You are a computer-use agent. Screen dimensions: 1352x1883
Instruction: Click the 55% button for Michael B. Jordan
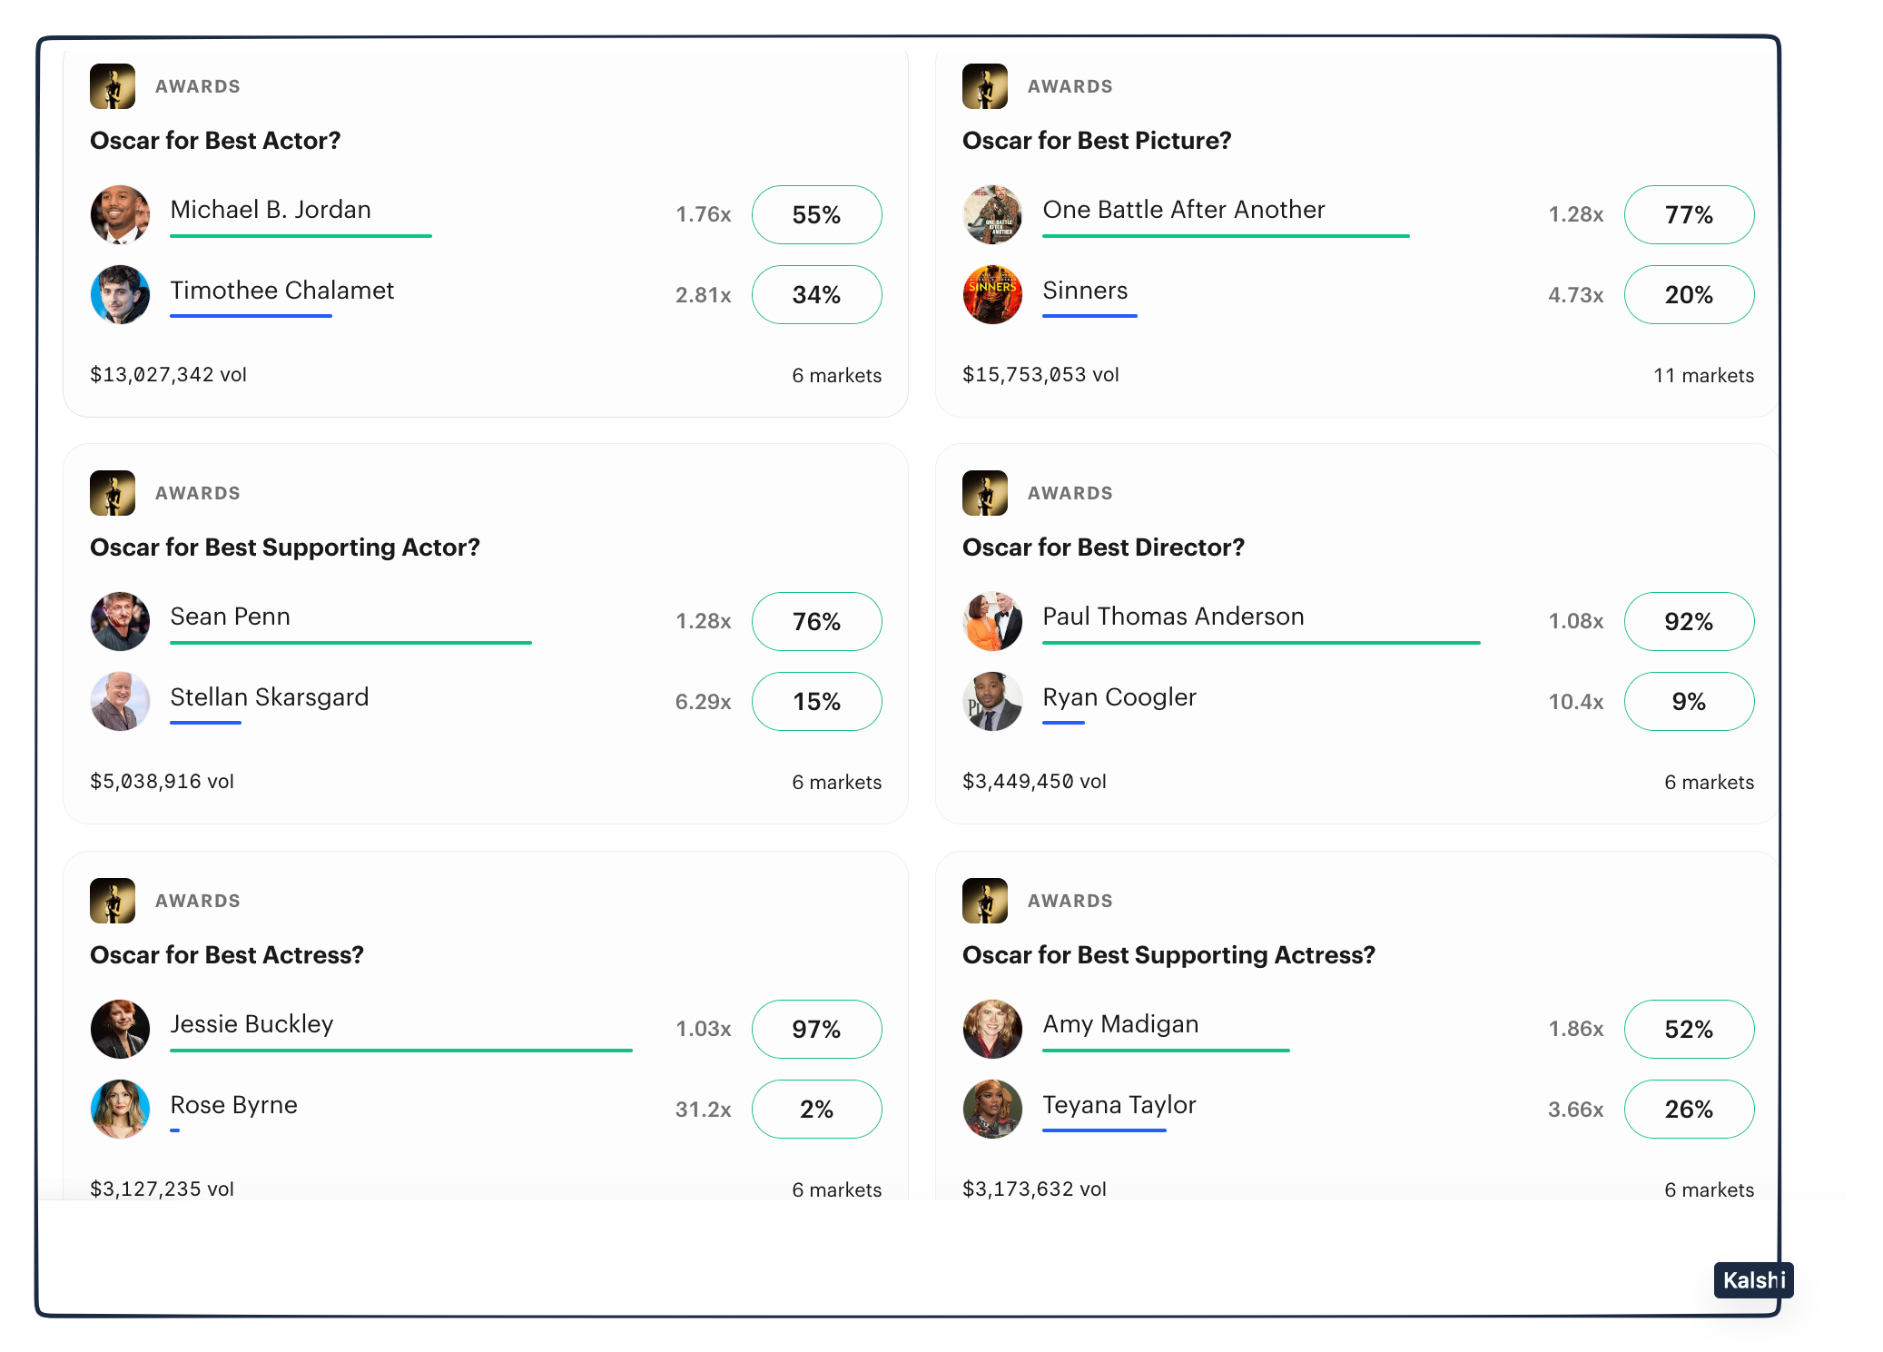(816, 215)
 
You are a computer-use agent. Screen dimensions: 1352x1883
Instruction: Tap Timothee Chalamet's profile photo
(120, 294)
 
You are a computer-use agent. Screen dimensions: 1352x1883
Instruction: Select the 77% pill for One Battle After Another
(1688, 215)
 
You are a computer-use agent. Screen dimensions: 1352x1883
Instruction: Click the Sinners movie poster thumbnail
(991, 294)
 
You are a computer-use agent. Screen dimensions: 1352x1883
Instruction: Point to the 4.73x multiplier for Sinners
(1575, 295)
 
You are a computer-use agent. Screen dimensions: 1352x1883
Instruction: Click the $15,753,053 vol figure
(1040, 375)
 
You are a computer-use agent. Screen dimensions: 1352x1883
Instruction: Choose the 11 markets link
(1703, 376)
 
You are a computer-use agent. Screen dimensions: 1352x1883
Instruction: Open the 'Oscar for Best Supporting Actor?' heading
(285, 548)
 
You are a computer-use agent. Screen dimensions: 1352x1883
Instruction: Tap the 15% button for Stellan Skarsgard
(816, 702)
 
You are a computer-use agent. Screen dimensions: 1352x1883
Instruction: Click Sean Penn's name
(231, 617)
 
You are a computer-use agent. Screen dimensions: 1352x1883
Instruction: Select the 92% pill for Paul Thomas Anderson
(1688, 622)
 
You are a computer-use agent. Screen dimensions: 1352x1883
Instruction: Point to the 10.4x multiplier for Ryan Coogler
(1575, 702)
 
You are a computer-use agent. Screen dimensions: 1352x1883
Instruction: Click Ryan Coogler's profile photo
(991, 701)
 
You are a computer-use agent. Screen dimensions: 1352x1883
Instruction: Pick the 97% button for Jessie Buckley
(816, 1030)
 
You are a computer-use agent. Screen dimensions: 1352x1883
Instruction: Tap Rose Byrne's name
(234, 1105)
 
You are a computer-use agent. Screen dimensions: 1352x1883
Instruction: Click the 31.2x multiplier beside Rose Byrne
(703, 1110)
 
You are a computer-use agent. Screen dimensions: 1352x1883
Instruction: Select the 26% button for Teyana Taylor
(1688, 1110)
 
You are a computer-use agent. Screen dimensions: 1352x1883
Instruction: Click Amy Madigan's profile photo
(991, 1029)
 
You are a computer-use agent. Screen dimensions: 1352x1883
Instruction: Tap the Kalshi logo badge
(1753, 1280)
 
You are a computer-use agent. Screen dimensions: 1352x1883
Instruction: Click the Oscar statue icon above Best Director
(985, 493)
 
